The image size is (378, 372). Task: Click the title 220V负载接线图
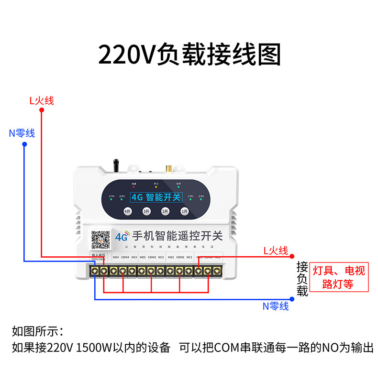[189, 55]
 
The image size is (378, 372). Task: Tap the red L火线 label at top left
[42, 100]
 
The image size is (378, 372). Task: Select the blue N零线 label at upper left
[22, 133]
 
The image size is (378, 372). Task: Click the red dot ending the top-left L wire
[42, 110]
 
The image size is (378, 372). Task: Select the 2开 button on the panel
[165, 211]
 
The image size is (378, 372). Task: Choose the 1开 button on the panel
[184, 211]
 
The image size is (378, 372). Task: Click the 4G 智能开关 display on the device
[156, 197]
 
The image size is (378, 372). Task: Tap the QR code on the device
[100, 240]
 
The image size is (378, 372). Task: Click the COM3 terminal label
[152, 257]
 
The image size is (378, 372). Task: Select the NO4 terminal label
[115, 257]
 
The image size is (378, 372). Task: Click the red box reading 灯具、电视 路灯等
[339, 277]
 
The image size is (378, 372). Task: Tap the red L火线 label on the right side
[276, 251]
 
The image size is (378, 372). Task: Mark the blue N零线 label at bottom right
[276, 306]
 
